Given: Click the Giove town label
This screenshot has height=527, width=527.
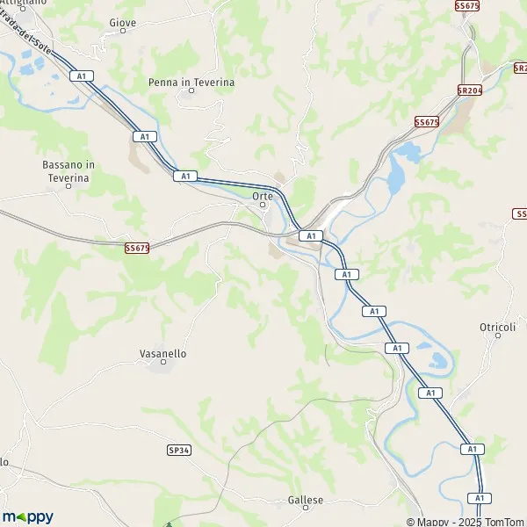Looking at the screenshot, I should click(122, 21).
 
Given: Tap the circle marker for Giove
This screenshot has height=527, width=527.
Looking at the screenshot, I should click(122, 31).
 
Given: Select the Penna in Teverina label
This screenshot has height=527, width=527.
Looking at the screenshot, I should click(191, 82).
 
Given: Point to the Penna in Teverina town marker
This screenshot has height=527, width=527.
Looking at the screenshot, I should click(191, 91).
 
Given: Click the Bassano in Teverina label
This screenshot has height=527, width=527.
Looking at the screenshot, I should click(66, 170).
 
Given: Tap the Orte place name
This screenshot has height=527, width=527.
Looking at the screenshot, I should click(263, 196).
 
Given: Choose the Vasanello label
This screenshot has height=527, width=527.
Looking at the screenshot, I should click(163, 353).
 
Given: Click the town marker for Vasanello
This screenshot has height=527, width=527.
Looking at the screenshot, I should click(163, 363).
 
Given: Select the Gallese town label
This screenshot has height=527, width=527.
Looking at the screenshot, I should click(306, 500).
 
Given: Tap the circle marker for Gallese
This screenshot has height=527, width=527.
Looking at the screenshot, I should click(306, 509).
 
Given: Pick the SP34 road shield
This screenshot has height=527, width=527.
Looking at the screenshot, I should click(178, 450).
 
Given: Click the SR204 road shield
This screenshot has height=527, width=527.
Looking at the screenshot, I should click(470, 90).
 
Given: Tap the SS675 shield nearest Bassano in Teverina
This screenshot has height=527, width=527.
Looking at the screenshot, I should click(137, 249).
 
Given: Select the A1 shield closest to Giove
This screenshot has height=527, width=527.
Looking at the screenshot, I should click(83, 76).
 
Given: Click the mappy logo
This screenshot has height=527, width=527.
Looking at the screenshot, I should click(28, 516).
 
